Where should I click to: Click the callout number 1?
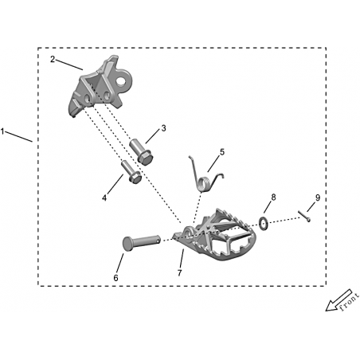click(2, 131)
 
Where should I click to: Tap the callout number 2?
click(53, 59)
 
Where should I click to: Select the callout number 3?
click(163, 128)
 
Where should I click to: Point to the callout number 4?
click(104, 198)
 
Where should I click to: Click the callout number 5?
click(222, 152)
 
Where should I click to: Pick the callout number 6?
click(115, 278)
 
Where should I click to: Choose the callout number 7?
click(180, 272)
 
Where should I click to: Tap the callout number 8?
click(273, 198)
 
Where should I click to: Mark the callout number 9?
click(318, 198)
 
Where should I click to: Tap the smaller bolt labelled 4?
click(131, 172)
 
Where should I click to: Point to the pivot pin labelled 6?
click(141, 241)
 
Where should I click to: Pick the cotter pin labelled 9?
click(304, 216)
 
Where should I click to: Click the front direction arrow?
click(338, 300)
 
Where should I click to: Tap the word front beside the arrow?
click(350, 302)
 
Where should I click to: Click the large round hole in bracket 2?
click(121, 80)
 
